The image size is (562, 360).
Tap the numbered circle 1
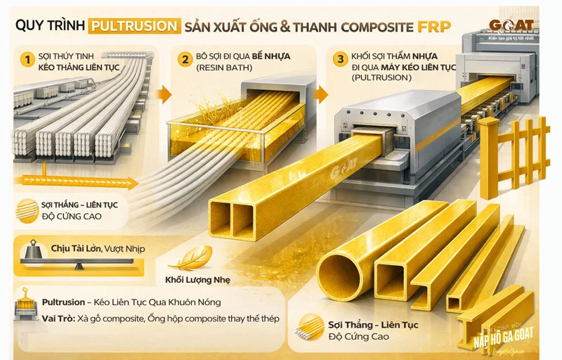tap(27, 60)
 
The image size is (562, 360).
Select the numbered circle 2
tap(185, 60)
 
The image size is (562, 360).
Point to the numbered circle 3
tap(341, 59)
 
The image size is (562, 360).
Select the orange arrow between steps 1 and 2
tap(164, 94)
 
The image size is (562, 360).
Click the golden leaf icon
tap(191, 258)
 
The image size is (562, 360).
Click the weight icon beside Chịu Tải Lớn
tap(32, 251)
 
